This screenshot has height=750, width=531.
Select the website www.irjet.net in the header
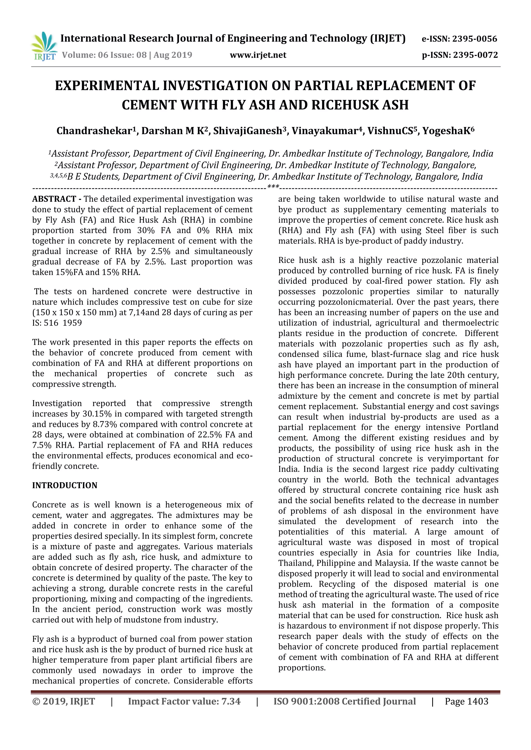258,55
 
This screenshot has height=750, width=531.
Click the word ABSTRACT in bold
54,199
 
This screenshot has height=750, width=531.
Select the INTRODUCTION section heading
65,485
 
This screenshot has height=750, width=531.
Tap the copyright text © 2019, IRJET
64,701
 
